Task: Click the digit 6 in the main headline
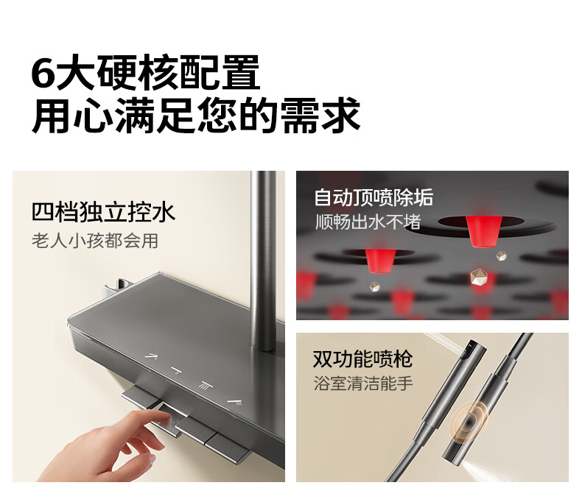pyautogui.click(x=43, y=72)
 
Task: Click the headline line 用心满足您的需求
pyautogui.click(x=197, y=115)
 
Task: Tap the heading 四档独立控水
pyautogui.click(x=103, y=212)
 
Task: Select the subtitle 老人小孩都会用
pyautogui.click(x=95, y=241)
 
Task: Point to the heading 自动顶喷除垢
pyautogui.click(x=374, y=197)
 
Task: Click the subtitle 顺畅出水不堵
pyautogui.click(x=368, y=222)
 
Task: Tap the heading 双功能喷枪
pyautogui.click(x=362, y=359)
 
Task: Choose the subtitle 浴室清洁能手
pyautogui.click(x=363, y=383)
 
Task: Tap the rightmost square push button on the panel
pyautogui.click(x=228, y=448)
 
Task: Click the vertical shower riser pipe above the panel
pyautogui.click(x=263, y=260)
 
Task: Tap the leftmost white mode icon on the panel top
pyautogui.click(x=151, y=357)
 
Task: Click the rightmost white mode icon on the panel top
pyautogui.click(x=235, y=402)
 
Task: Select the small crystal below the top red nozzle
pyautogui.click(x=502, y=255)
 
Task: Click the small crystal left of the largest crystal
pyautogui.click(x=374, y=286)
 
